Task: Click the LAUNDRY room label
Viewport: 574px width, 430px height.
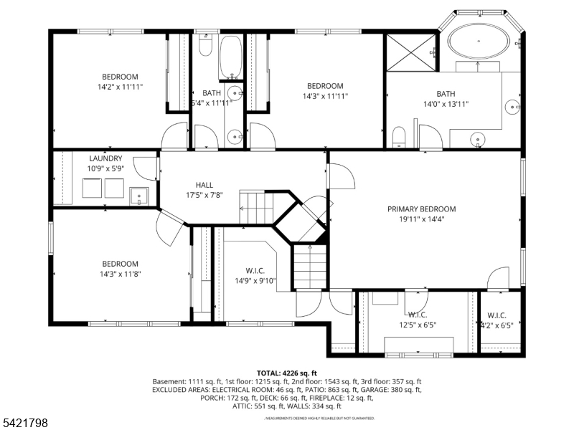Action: pyautogui.click(x=105, y=158)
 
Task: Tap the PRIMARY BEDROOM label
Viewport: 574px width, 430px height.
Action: pyautogui.click(x=421, y=209)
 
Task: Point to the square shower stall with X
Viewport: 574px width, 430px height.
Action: pyautogui.click(x=410, y=52)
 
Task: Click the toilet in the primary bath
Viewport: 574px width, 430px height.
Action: pyautogui.click(x=400, y=137)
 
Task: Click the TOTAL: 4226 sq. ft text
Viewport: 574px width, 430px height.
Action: pyautogui.click(x=286, y=373)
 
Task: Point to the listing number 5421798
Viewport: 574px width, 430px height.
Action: pyautogui.click(x=25, y=424)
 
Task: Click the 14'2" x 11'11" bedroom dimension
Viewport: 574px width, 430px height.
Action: pyautogui.click(x=120, y=87)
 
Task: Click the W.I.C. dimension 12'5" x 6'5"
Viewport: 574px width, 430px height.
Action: pyautogui.click(x=417, y=325)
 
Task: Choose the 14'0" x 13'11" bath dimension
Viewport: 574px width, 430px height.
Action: pyautogui.click(x=446, y=103)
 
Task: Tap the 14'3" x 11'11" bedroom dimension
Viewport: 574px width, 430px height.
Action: pyautogui.click(x=325, y=95)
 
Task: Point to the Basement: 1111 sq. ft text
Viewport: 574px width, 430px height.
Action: pyautogui.click(x=187, y=381)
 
